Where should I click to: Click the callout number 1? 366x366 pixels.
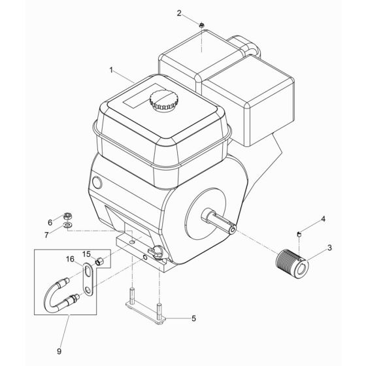(111, 69)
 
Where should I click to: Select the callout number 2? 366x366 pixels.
(180, 13)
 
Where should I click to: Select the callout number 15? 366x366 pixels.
(86, 254)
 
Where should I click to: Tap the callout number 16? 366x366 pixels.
(70, 259)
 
